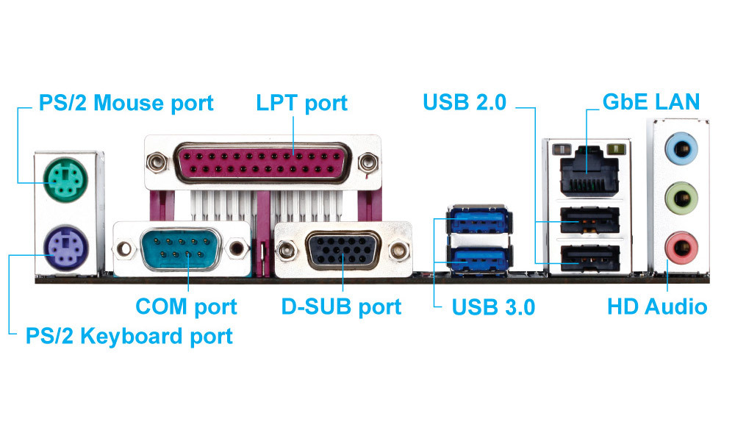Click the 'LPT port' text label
tap(301, 103)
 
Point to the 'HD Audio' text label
tap(657, 306)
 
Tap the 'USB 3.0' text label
tap(492, 306)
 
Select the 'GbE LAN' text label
tap(650, 102)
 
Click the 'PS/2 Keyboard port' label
tap(129, 337)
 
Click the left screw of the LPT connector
tap(156, 159)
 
